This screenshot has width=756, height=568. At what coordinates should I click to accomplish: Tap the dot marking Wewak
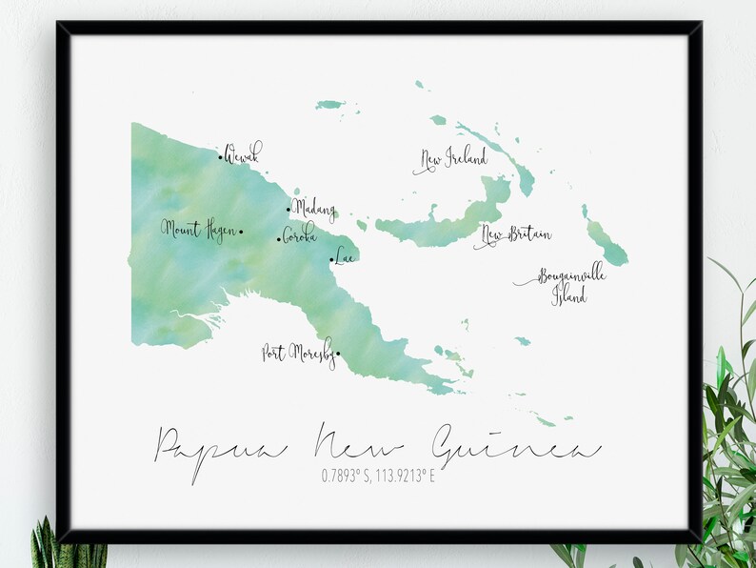[220, 158]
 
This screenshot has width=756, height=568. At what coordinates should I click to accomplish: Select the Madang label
[313, 207]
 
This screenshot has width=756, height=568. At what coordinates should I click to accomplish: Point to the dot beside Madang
[288, 210]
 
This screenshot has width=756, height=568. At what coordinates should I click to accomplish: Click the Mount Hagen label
[198, 230]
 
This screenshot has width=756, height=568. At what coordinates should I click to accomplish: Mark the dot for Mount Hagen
[241, 231]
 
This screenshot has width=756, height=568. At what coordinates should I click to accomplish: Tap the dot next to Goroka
[279, 239]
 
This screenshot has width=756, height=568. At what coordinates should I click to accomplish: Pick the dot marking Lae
[331, 259]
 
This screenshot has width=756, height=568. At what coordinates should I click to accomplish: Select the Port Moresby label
[297, 352]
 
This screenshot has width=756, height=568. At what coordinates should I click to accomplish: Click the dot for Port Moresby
[337, 355]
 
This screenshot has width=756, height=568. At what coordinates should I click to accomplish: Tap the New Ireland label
[452, 158]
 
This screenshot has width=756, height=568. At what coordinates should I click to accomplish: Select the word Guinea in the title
[514, 446]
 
